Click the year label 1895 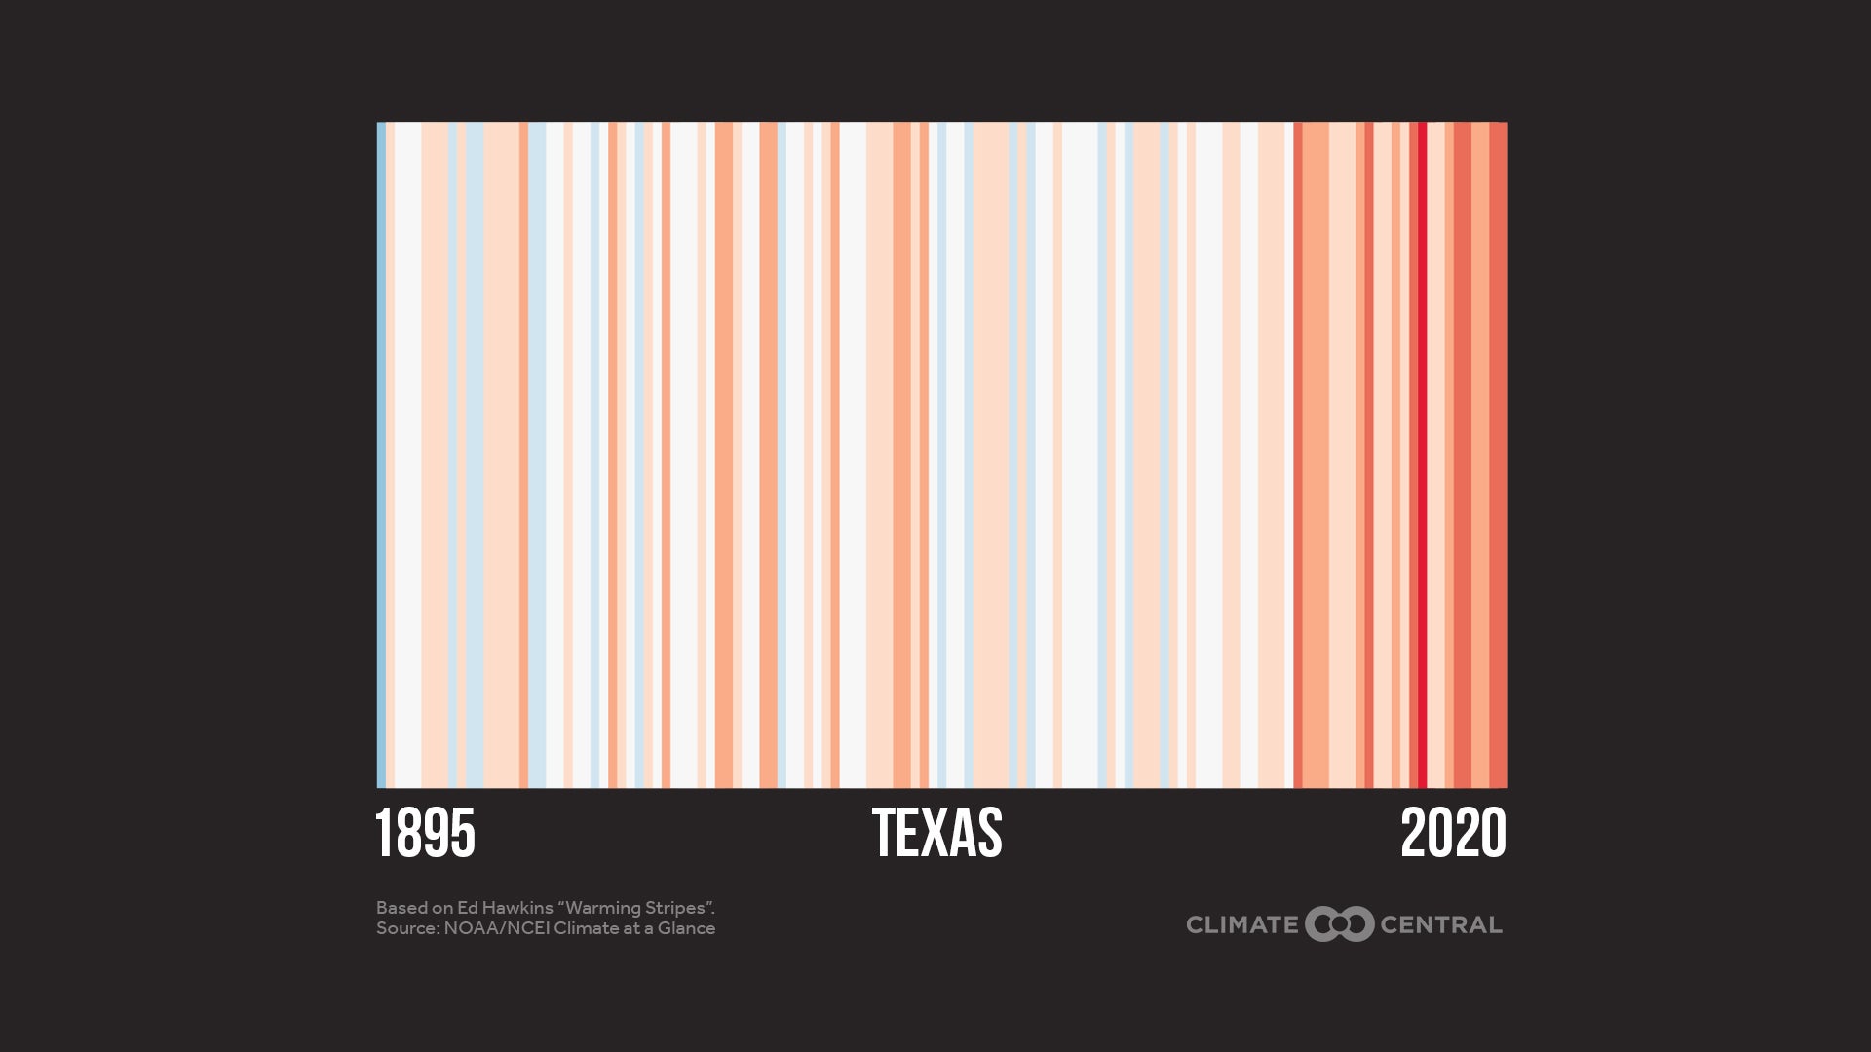click(425, 834)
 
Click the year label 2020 click(1453, 834)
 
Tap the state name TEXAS click(936, 834)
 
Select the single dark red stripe click(1422, 454)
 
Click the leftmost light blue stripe click(381, 454)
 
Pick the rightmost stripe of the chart click(1498, 454)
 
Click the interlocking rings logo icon click(1339, 924)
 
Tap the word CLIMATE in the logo click(1241, 924)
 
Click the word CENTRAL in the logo click(1440, 924)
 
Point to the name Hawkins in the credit click(516, 908)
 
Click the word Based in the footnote click(401, 908)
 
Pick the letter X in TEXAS click(936, 834)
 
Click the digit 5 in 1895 click(463, 834)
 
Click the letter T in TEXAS click(883, 834)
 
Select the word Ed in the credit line click(468, 908)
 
